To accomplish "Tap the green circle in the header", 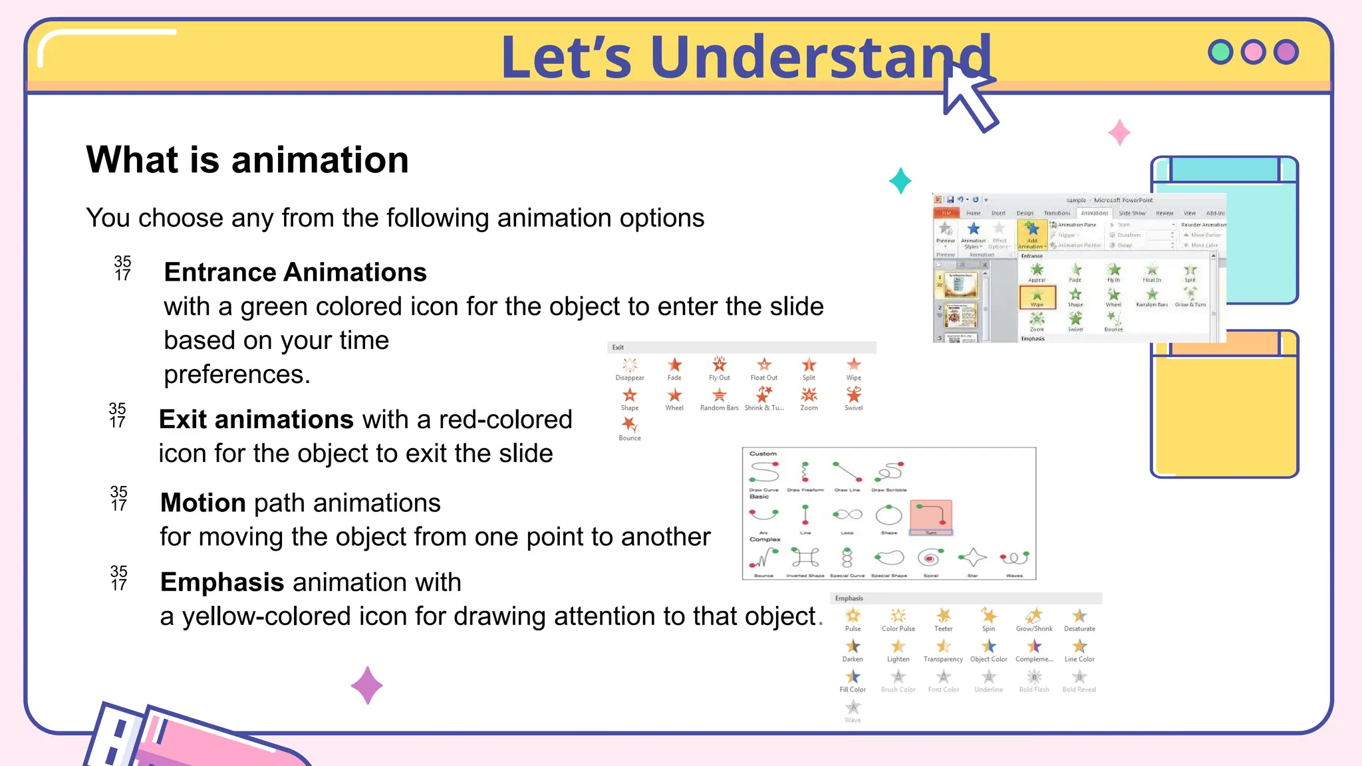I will click(x=1220, y=52).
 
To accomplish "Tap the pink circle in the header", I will click(x=1253, y=52).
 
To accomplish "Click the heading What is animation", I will click(x=247, y=160).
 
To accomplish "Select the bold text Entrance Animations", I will click(x=295, y=273).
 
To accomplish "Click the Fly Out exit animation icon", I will click(x=719, y=364).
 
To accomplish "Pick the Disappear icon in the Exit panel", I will click(x=629, y=364).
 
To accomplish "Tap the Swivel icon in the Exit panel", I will click(x=853, y=395).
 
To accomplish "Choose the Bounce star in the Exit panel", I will click(x=629, y=424).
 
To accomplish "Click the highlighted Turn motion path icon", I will click(x=930, y=516).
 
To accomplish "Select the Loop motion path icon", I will click(x=847, y=515).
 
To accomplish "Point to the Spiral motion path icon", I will click(x=930, y=558).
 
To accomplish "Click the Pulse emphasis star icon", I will click(x=853, y=616).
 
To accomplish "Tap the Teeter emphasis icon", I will click(x=943, y=616).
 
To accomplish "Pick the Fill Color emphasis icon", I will click(x=853, y=677).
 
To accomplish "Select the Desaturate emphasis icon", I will click(x=1079, y=616).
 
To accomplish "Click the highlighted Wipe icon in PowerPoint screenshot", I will click(x=1037, y=296).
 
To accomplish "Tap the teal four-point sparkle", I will click(x=900, y=181).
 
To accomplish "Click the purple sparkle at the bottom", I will click(x=367, y=686).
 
